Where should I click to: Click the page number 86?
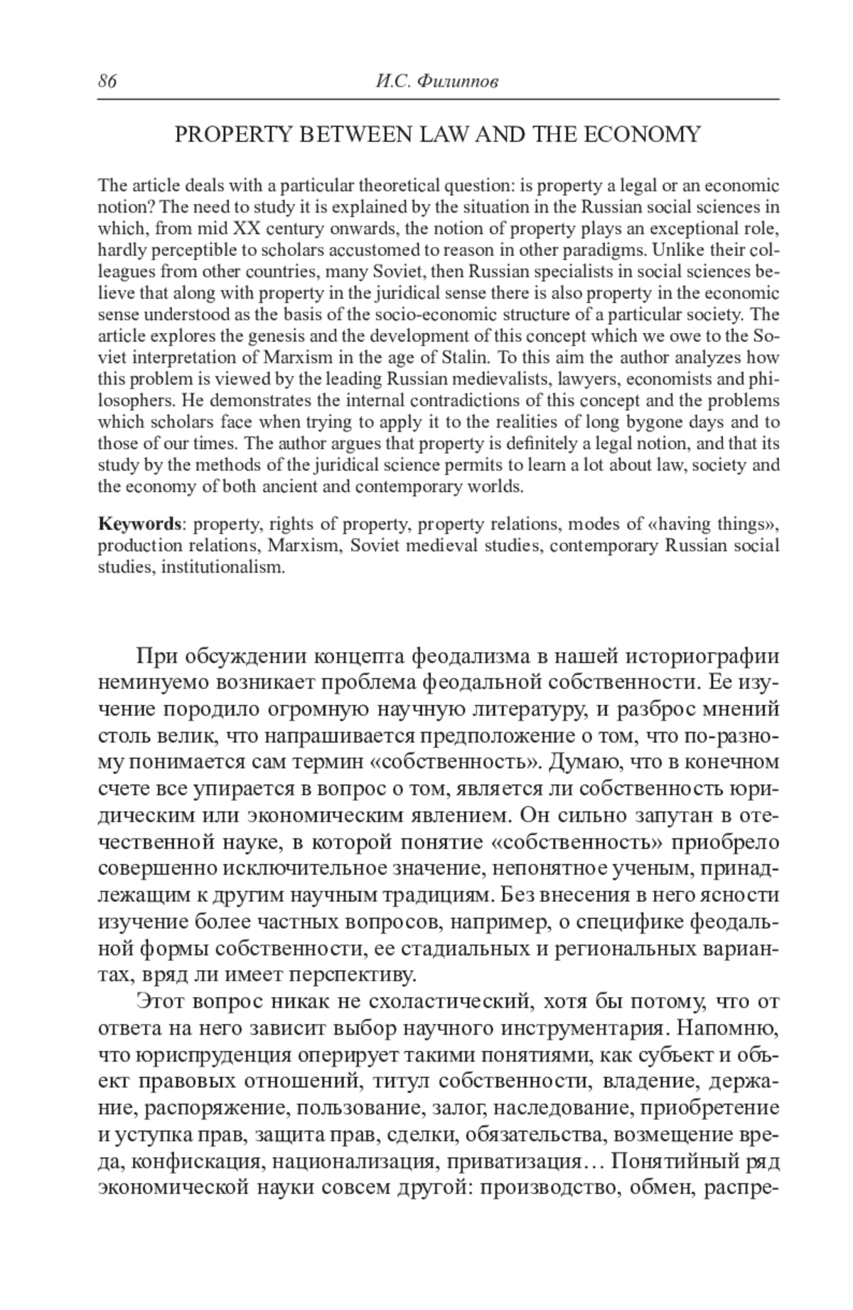pos(107,82)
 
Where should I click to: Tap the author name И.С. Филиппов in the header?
pos(436,82)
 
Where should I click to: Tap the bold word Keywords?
pos(140,525)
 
